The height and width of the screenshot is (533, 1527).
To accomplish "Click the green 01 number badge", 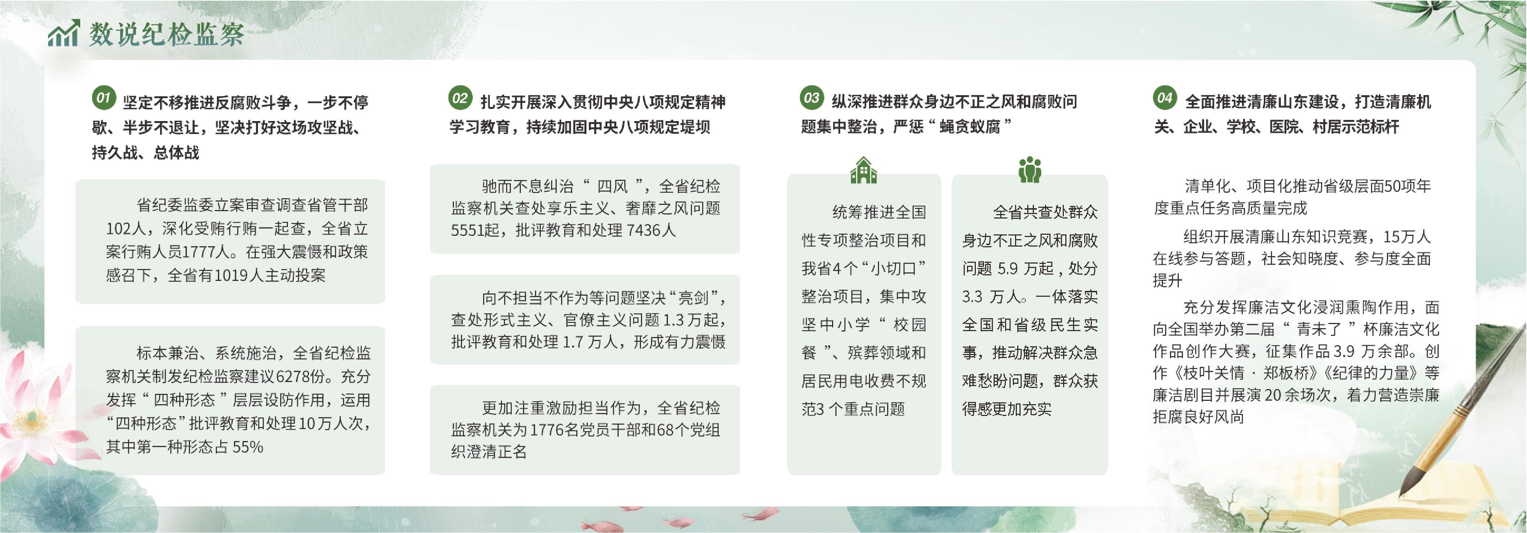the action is point(104,98).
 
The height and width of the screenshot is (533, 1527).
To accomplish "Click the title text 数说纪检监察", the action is point(167,34).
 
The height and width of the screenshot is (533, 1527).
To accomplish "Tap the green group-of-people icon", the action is point(1030,169).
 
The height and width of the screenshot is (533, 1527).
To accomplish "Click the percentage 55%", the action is point(248,447).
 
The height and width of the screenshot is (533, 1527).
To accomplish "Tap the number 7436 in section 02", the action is point(642,230).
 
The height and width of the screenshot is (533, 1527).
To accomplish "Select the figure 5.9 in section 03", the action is point(1008,269).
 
